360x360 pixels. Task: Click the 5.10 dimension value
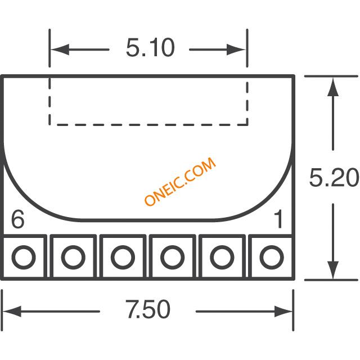[150, 48]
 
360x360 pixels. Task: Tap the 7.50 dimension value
[147, 309]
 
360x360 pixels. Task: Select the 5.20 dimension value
[334, 178]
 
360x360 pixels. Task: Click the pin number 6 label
[17, 219]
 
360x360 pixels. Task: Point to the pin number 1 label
[278, 219]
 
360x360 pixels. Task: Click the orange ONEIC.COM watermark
[180, 182]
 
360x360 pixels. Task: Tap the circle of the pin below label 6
[24, 257]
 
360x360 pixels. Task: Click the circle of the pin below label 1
[271, 257]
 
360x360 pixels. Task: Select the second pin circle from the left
[73, 257]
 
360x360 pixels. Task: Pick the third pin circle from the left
[123, 257]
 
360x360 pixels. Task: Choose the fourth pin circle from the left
[173, 257]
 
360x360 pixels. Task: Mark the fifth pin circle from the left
[222, 257]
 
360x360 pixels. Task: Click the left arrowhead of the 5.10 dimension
[60, 49]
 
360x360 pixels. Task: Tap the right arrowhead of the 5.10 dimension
[236, 49]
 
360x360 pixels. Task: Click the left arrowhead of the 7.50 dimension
[12, 312]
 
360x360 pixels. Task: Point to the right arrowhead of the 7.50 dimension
[283, 312]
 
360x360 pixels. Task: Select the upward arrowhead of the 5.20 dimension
[333, 87]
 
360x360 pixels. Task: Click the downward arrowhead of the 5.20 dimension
[333, 270]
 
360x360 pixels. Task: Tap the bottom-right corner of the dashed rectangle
[247, 125]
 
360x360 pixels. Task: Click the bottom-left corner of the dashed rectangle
[49, 125]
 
